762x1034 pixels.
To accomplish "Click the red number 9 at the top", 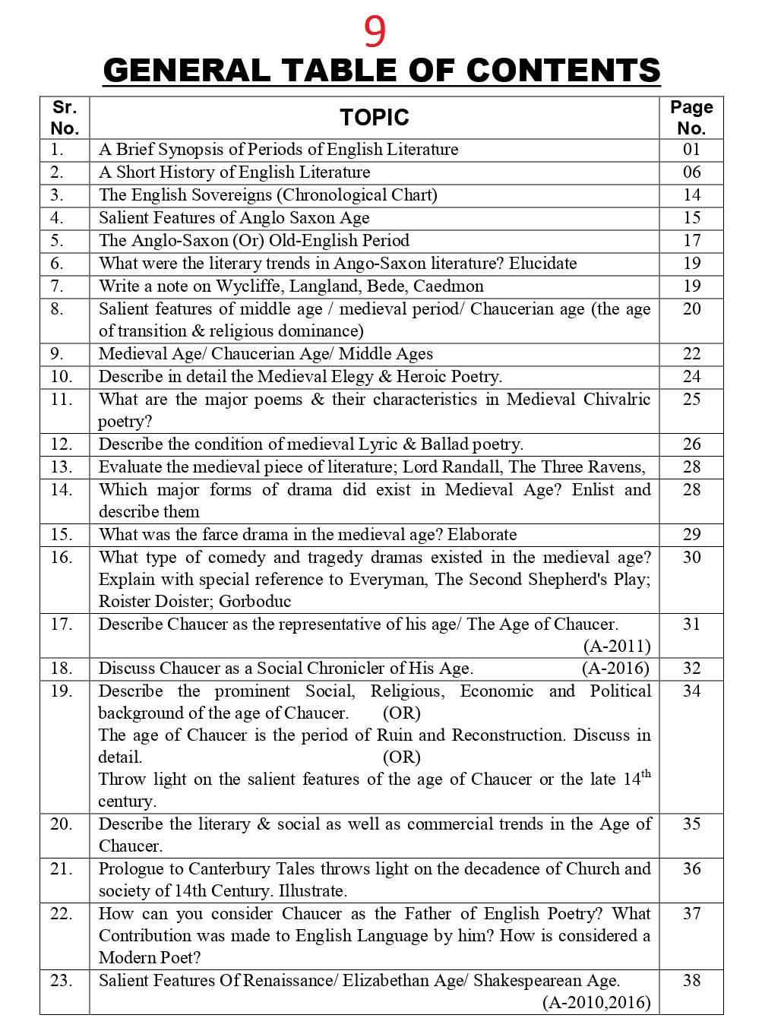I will point(375,31).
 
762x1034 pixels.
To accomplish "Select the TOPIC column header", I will point(374,118).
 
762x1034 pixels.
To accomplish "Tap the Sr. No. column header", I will point(65,118).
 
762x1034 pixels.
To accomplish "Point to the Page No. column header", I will point(691,118).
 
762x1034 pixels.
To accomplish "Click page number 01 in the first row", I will point(691,150).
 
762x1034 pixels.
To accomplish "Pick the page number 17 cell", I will point(691,241).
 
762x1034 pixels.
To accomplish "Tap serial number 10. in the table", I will point(61,377).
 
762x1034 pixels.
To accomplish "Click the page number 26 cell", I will point(691,444).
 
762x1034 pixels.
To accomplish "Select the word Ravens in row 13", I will point(620,467).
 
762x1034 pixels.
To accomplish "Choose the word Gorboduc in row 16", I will point(255,602).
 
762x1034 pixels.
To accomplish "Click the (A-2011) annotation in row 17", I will point(617,647).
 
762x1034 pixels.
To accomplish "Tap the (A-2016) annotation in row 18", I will point(615,669).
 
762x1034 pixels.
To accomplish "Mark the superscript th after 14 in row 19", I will point(646,774).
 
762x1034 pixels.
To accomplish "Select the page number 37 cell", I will point(691,914).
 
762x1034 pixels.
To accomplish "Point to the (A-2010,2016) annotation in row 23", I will point(596,1003).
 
